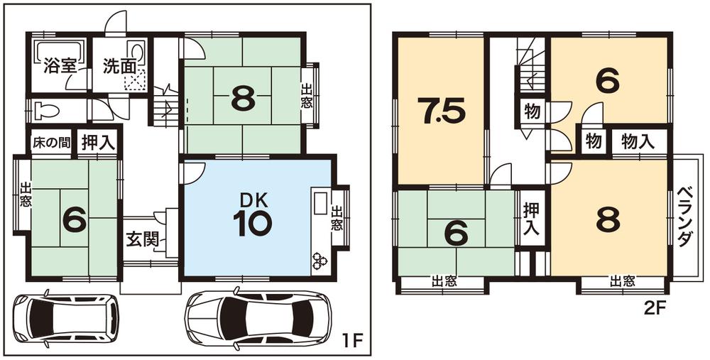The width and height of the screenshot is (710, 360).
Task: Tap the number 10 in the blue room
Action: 251,223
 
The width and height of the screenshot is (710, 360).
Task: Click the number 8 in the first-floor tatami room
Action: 243,100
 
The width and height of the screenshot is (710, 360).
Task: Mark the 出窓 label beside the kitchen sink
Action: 337,218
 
